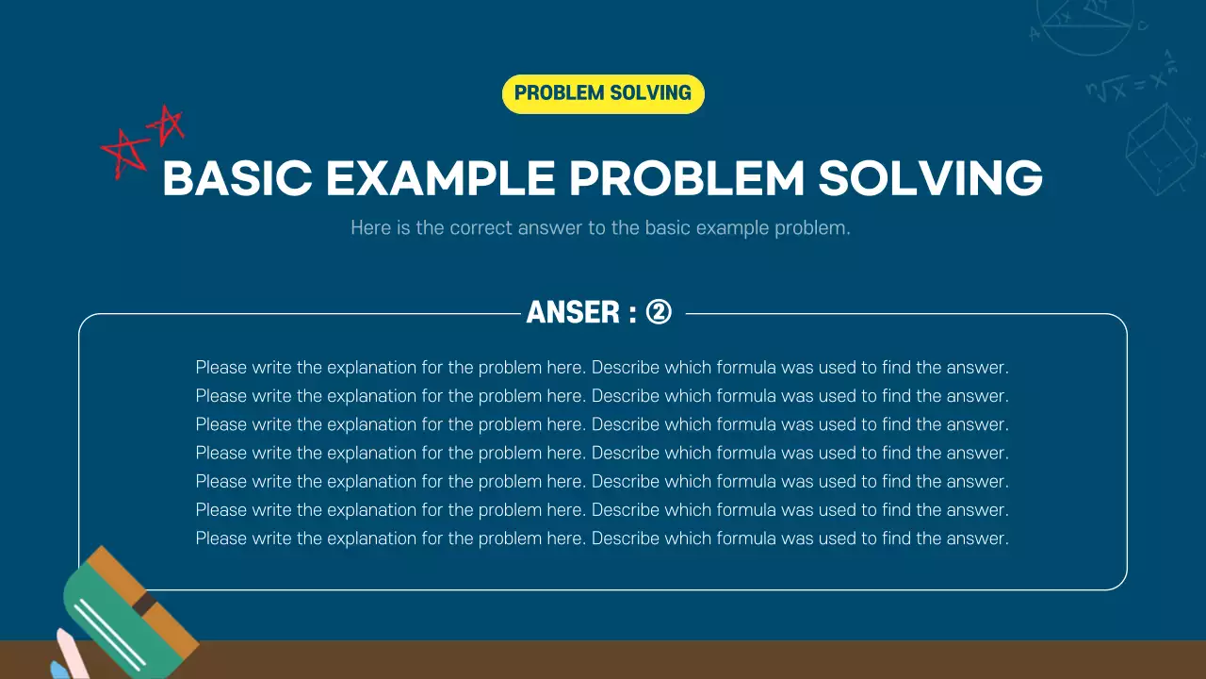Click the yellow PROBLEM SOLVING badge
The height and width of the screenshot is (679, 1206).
[x=603, y=93]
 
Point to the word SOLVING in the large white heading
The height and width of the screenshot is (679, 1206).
[x=930, y=179]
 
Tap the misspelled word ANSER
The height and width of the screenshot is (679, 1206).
[x=573, y=312]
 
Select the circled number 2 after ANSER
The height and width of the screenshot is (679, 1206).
[x=659, y=312]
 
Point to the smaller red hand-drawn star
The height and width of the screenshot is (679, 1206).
[x=168, y=124]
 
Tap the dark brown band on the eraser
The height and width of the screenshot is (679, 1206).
[x=144, y=604]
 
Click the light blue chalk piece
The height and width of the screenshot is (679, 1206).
[x=58, y=671]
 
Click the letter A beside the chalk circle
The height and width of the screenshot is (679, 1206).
[x=1035, y=33]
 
